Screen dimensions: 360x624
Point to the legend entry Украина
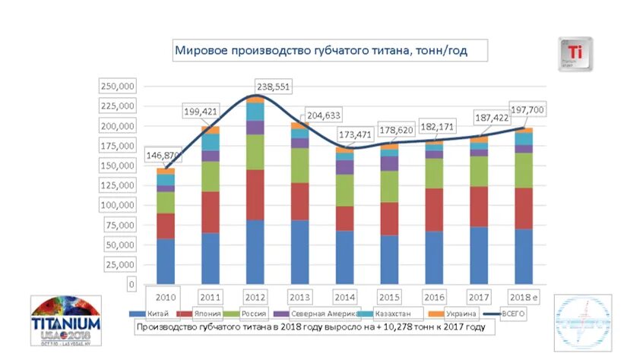click(461, 314)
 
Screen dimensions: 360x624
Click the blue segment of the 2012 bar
click(255, 251)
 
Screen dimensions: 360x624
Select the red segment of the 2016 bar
click(436, 210)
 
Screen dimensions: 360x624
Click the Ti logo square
click(575, 55)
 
